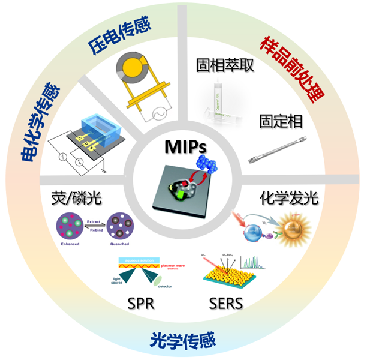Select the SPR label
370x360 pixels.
[141, 304]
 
